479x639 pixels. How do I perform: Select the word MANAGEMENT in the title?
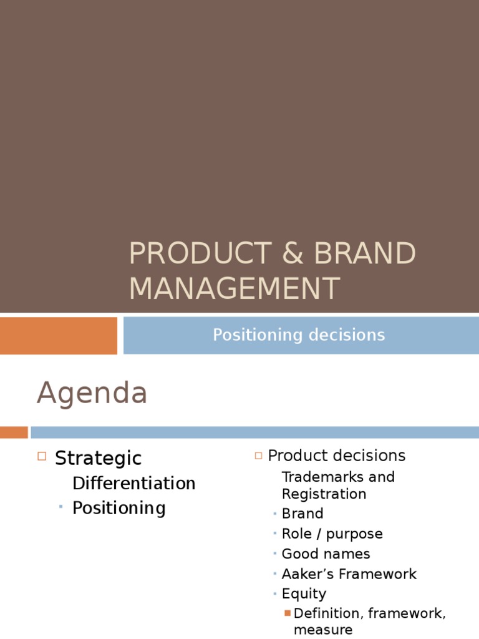point(235,289)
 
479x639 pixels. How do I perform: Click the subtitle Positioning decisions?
point(299,335)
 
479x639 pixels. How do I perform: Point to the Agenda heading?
point(92,394)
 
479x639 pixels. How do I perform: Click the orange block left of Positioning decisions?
point(58,335)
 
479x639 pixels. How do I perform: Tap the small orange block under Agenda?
point(14,432)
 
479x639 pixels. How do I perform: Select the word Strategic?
point(99,459)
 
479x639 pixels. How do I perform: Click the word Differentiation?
point(134,484)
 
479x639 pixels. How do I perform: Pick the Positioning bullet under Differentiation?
point(119,508)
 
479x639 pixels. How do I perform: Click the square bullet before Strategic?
point(42,457)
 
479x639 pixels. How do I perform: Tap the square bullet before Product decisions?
point(258,456)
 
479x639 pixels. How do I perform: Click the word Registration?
point(324,494)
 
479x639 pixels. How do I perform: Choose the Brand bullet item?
point(302,514)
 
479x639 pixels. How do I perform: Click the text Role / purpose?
point(332,534)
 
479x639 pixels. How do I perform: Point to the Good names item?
point(326,554)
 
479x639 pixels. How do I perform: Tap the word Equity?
point(304,593)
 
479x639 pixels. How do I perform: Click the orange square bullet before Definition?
point(288,613)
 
